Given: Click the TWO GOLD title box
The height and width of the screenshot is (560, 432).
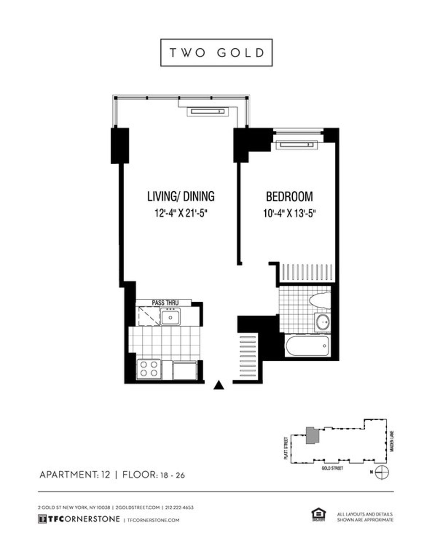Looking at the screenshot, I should pyautogui.click(x=216, y=53).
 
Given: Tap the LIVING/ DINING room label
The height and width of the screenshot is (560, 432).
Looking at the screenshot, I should pyautogui.click(x=181, y=196).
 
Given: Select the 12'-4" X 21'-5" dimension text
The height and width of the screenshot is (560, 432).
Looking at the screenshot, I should pyautogui.click(x=182, y=213).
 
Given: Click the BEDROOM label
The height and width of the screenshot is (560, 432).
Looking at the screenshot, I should pyautogui.click(x=289, y=197).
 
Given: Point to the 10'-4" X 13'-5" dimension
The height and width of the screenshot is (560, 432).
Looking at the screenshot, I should pyautogui.click(x=289, y=213).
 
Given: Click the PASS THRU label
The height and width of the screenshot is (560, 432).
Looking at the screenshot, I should pyautogui.click(x=165, y=303).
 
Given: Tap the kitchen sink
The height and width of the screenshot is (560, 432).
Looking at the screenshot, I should pyautogui.click(x=171, y=317).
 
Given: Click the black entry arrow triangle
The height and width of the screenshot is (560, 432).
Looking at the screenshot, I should pyautogui.click(x=219, y=386).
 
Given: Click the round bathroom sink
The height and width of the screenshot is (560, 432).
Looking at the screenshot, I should pyautogui.click(x=323, y=321).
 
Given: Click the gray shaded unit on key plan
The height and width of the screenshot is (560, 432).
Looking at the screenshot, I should pyautogui.click(x=312, y=435).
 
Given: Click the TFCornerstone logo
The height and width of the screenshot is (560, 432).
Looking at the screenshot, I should pyautogui.click(x=78, y=519).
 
